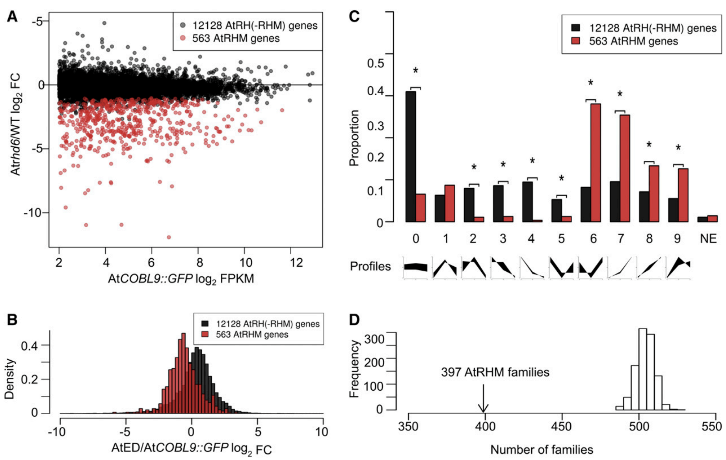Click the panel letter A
(x=12, y=16)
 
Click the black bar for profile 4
(x=527, y=201)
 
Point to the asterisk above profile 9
(x=678, y=148)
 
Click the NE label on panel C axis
(x=708, y=239)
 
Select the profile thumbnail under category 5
(x=562, y=268)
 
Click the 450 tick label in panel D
(x=562, y=427)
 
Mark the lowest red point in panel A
(x=169, y=237)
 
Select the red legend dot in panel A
(x=182, y=39)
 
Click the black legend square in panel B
(x=205, y=324)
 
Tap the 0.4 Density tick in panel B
(x=30, y=345)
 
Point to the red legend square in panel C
(x=576, y=41)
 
